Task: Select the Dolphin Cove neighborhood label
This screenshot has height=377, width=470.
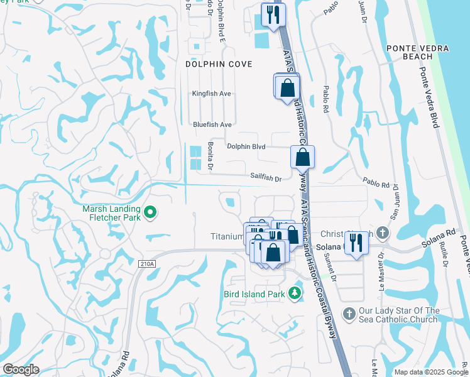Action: click(219, 64)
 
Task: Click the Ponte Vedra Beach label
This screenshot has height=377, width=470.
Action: click(409, 52)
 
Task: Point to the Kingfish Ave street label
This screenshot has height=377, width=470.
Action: click(212, 94)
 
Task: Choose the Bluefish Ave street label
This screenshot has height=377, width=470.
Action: click(212, 124)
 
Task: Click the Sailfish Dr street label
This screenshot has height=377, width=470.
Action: click(265, 178)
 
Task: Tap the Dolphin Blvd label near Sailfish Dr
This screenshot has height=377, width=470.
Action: click(246, 146)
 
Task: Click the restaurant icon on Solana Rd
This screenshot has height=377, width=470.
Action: click(356, 243)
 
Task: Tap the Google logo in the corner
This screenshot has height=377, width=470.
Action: click(21, 369)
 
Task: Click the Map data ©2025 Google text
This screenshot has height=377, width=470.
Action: click(430, 372)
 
